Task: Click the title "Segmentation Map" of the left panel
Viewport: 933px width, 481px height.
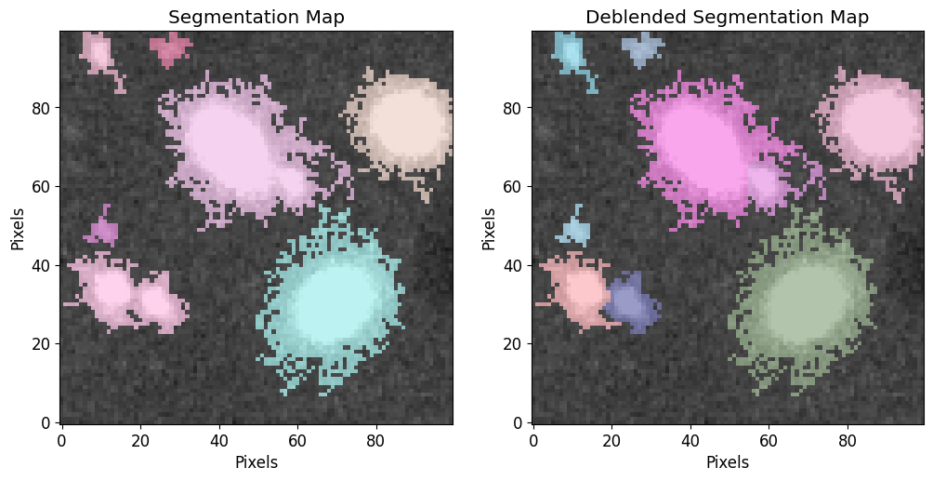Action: pos(256,18)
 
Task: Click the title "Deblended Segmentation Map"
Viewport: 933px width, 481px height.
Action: pos(727,18)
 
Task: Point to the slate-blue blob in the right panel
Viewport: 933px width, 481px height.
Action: pos(632,302)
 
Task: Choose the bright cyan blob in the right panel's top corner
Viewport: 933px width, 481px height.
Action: pos(570,54)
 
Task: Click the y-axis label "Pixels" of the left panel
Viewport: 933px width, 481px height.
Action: pos(18,228)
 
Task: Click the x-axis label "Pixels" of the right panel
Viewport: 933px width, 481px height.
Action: pos(727,461)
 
